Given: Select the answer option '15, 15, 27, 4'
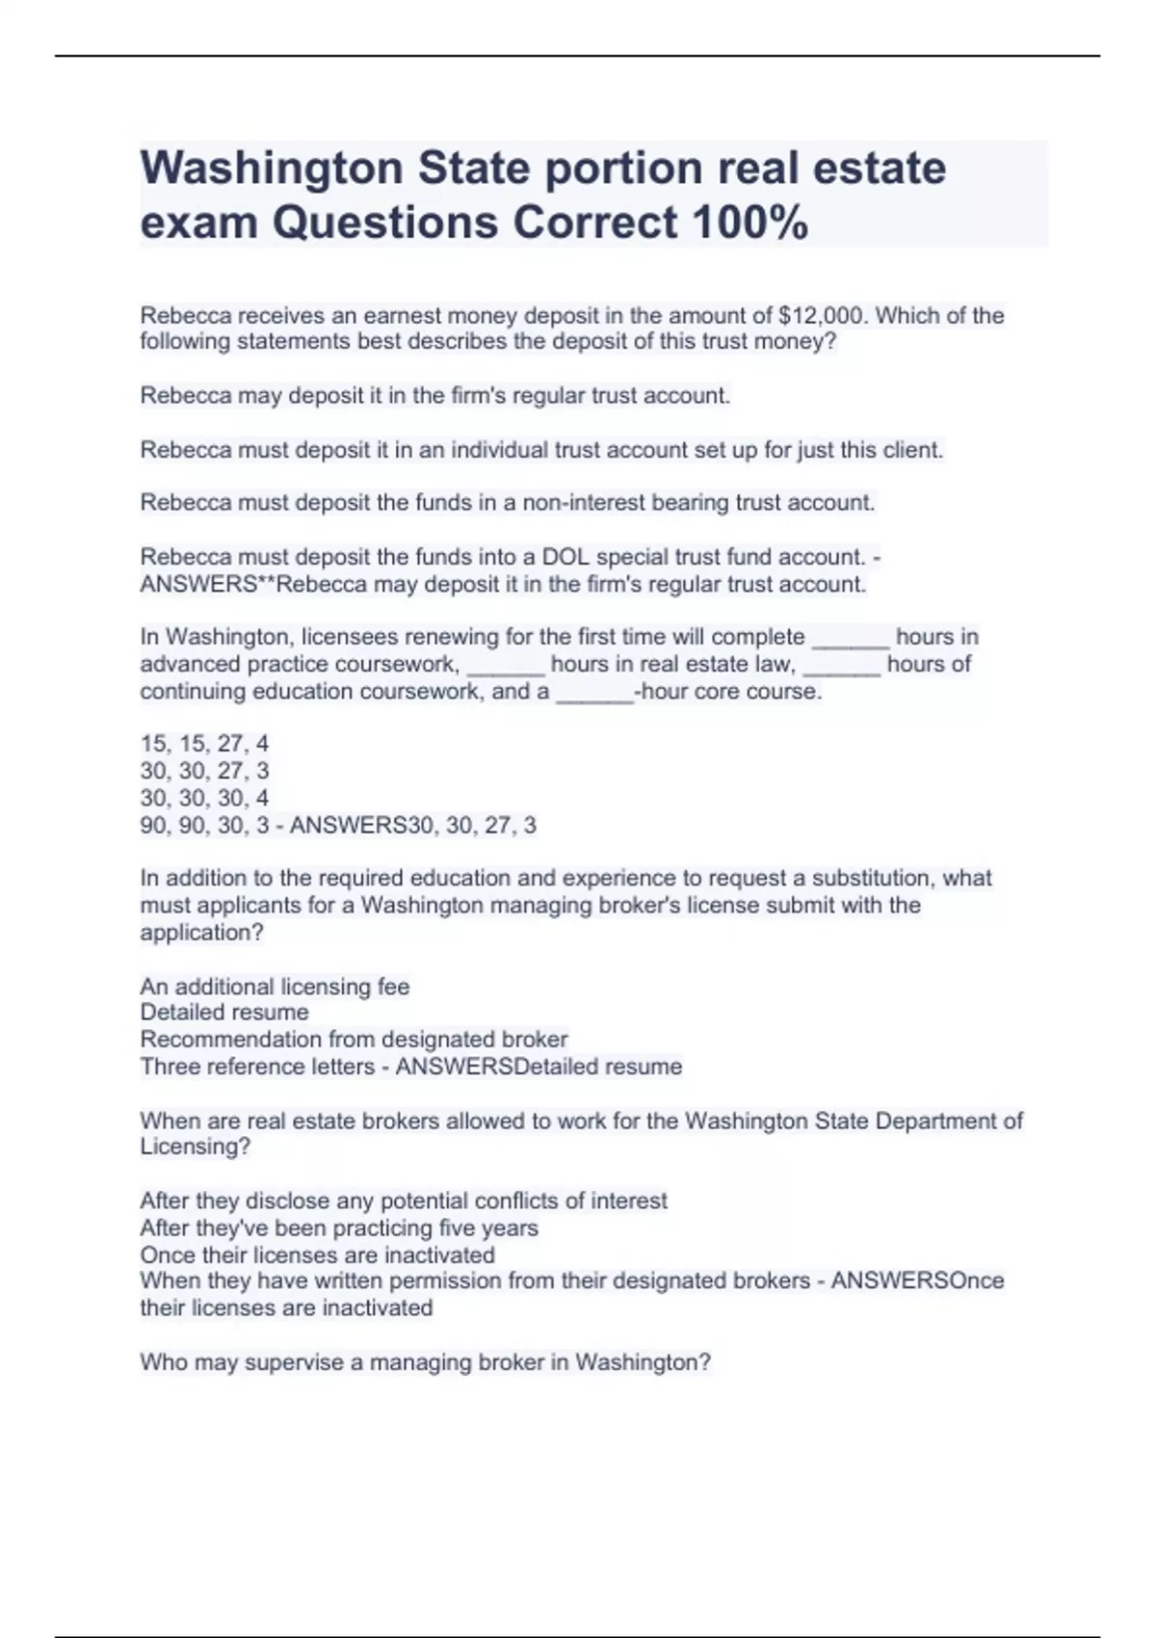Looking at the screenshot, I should point(204,744).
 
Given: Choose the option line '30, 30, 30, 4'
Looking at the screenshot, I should point(204,798).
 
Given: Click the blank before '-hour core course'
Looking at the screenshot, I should point(594,692).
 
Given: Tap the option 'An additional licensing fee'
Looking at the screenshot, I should point(275,987).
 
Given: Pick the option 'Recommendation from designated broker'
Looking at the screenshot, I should point(354,1040).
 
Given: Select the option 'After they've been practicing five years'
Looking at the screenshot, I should point(339,1228).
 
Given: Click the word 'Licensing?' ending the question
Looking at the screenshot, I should point(195,1147).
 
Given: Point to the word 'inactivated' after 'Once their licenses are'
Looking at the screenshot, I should point(439,1255).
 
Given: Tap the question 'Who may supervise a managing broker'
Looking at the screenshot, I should point(425,1362).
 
